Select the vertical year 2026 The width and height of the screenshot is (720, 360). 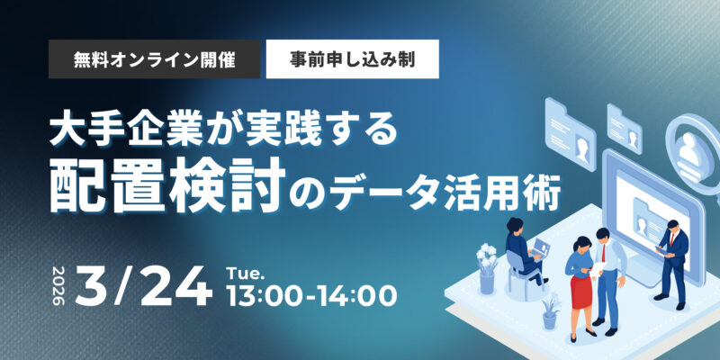click(59, 284)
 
